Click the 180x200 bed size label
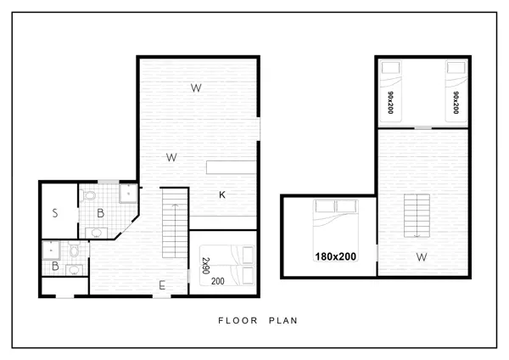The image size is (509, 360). point(335,256)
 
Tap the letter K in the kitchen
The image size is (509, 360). point(222,194)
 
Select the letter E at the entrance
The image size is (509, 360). point(162,285)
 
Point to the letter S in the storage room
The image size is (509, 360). point(55,213)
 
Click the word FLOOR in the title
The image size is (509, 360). point(238,321)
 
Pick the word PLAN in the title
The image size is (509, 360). point(283,321)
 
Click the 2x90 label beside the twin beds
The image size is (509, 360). point(206,266)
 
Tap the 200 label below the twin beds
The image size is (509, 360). point(217,281)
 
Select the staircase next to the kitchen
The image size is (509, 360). point(175,223)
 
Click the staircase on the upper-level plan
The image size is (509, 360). point(417,216)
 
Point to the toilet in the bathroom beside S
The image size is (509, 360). point(88,195)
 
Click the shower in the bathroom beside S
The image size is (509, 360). point(128,194)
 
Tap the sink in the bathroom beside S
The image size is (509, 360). point(96,233)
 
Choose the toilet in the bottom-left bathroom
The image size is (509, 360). point(75,249)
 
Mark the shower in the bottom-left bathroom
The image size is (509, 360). point(51,250)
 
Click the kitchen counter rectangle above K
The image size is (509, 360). point(231,167)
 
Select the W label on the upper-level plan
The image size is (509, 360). point(422,257)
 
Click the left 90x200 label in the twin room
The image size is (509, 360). point(390,103)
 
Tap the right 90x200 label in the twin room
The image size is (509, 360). point(456,103)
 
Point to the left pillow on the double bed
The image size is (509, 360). point(325,206)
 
